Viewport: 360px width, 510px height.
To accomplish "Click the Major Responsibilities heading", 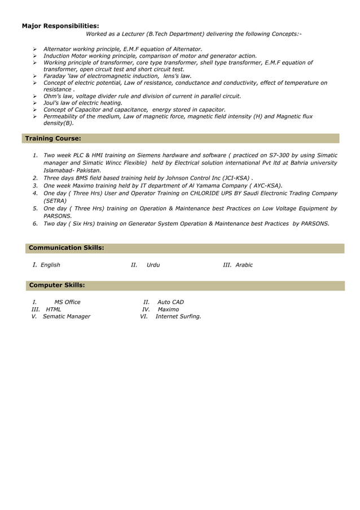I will click(60, 25).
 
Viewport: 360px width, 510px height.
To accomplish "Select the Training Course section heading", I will click(53, 138).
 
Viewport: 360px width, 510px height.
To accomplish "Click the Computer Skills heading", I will click(57, 285).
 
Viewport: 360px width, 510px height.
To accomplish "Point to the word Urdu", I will click(153, 265).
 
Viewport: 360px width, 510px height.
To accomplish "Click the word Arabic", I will click(244, 265).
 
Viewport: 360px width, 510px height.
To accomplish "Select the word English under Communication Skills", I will click(50, 265).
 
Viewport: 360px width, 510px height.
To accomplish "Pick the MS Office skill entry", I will click(67, 302).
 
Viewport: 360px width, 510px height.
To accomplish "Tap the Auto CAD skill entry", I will click(170, 302).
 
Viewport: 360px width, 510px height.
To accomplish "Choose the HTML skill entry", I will click(54, 310).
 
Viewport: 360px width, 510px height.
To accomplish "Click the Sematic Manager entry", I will click(67, 317).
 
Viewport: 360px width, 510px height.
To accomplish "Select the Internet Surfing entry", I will click(178, 317).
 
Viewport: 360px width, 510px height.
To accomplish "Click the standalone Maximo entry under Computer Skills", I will click(168, 310).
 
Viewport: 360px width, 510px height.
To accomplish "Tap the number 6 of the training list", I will click(35, 224).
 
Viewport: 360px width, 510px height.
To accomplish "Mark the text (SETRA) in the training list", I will click(55, 200).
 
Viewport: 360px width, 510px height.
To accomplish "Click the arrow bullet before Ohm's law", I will click(35, 96).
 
